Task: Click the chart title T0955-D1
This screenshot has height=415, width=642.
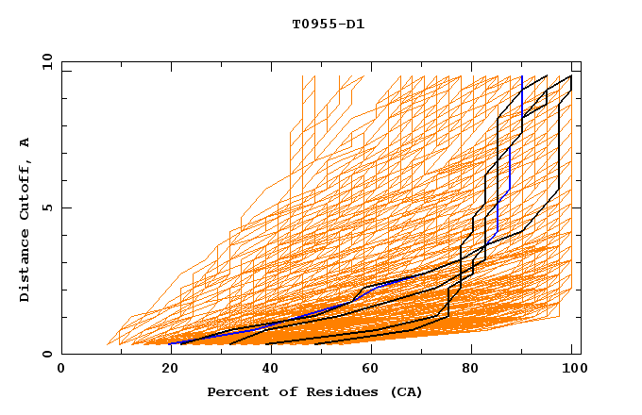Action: (328, 24)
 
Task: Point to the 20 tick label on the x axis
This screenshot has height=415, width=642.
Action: (164, 370)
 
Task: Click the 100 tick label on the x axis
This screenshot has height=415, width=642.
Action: (572, 370)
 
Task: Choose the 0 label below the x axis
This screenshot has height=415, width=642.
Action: (62, 370)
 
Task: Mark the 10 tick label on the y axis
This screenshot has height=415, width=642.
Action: (46, 61)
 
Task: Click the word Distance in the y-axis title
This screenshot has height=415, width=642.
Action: (25, 267)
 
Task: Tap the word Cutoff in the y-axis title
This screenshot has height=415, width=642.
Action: (25, 193)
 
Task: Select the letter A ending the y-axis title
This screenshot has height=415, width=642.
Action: (25, 142)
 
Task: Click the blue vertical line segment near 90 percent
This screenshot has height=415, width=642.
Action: (522, 94)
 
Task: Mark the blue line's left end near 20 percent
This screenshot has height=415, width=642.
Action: (171, 343)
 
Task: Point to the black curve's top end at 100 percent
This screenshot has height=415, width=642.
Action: (570, 76)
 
